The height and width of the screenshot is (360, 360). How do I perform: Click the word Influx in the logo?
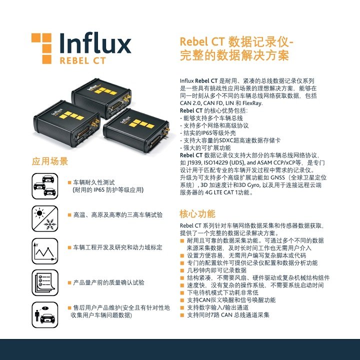coord(95,43)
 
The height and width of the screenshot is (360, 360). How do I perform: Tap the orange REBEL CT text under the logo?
coord(82,61)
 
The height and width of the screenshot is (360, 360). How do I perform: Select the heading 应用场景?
coord(50,161)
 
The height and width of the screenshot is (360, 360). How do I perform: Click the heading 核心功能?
coord(197,214)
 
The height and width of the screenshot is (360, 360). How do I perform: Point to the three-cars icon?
coord(45,186)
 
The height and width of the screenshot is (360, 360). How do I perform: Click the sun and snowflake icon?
coord(45,218)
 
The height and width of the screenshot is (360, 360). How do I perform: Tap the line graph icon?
coord(45,251)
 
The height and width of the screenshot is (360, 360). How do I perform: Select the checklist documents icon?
coord(45,282)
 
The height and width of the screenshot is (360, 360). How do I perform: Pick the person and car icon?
coord(45,315)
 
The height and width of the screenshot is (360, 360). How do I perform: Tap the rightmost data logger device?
coord(137,129)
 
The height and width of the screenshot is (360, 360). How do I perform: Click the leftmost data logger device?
coord(66,123)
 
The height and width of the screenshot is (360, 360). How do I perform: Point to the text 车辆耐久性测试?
coord(93,182)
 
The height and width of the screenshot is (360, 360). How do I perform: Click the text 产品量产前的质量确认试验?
coord(108,282)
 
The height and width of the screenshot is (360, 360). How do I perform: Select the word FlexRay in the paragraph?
coord(252,103)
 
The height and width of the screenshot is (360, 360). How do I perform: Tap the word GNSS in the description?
coord(277,177)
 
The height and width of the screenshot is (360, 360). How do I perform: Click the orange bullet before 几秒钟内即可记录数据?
coord(182,270)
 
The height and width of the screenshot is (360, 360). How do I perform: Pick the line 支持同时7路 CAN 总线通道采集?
coord(228,315)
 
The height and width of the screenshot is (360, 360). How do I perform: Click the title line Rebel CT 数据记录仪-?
coord(236,42)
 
